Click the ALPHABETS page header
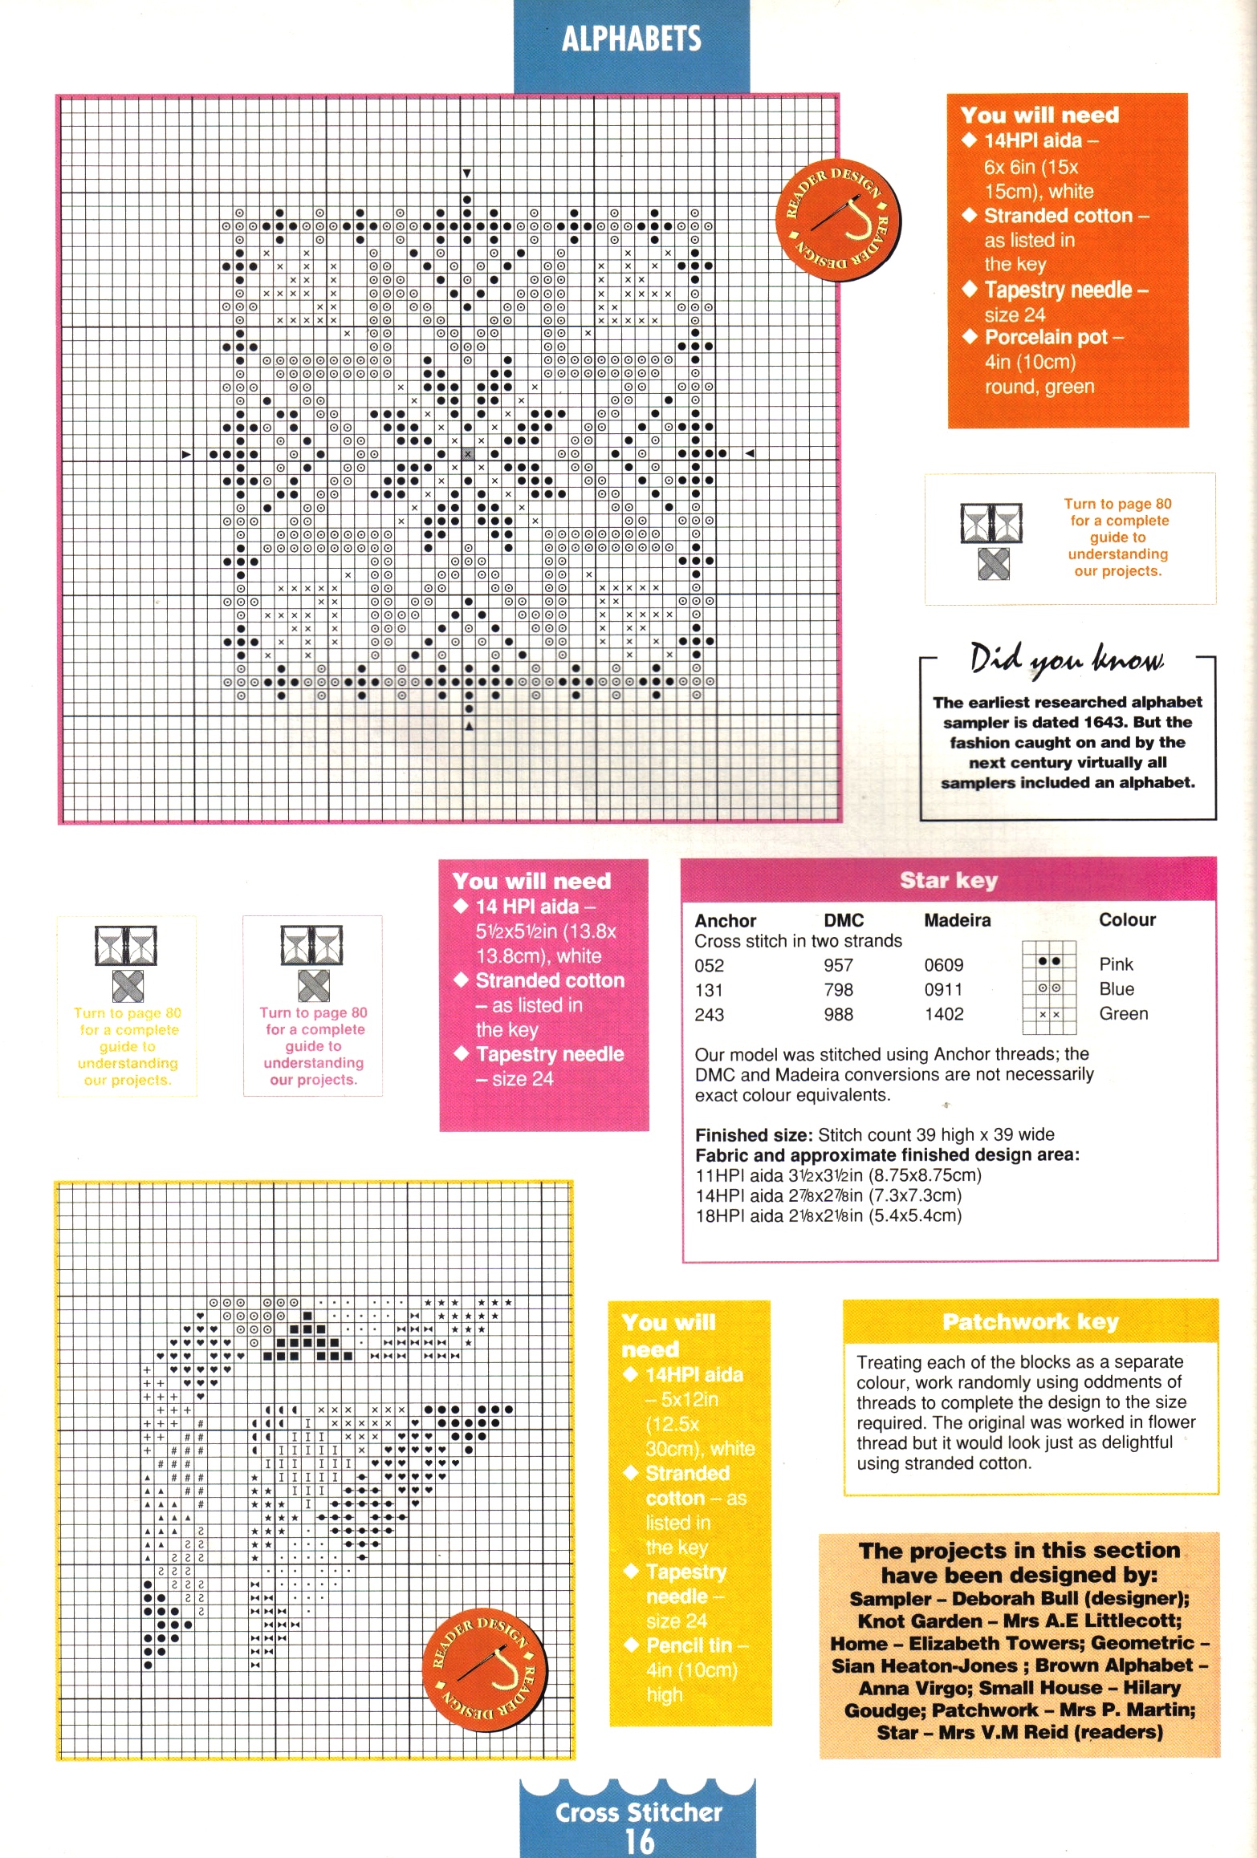click(x=631, y=39)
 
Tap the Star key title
click(x=948, y=881)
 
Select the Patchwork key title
click(x=1030, y=1322)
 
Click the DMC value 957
click(x=838, y=965)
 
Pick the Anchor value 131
click(x=709, y=990)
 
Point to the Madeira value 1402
click(x=943, y=1014)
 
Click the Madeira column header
click(x=957, y=920)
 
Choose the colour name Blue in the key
click(x=1117, y=989)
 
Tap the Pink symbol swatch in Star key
click(x=1048, y=961)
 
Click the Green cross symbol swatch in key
click(x=1048, y=1015)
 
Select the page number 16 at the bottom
click(x=639, y=1840)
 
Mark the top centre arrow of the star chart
click(x=467, y=173)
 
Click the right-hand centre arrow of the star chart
click(x=750, y=454)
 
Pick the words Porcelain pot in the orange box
click(x=1046, y=337)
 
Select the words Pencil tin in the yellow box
click(x=689, y=1645)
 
